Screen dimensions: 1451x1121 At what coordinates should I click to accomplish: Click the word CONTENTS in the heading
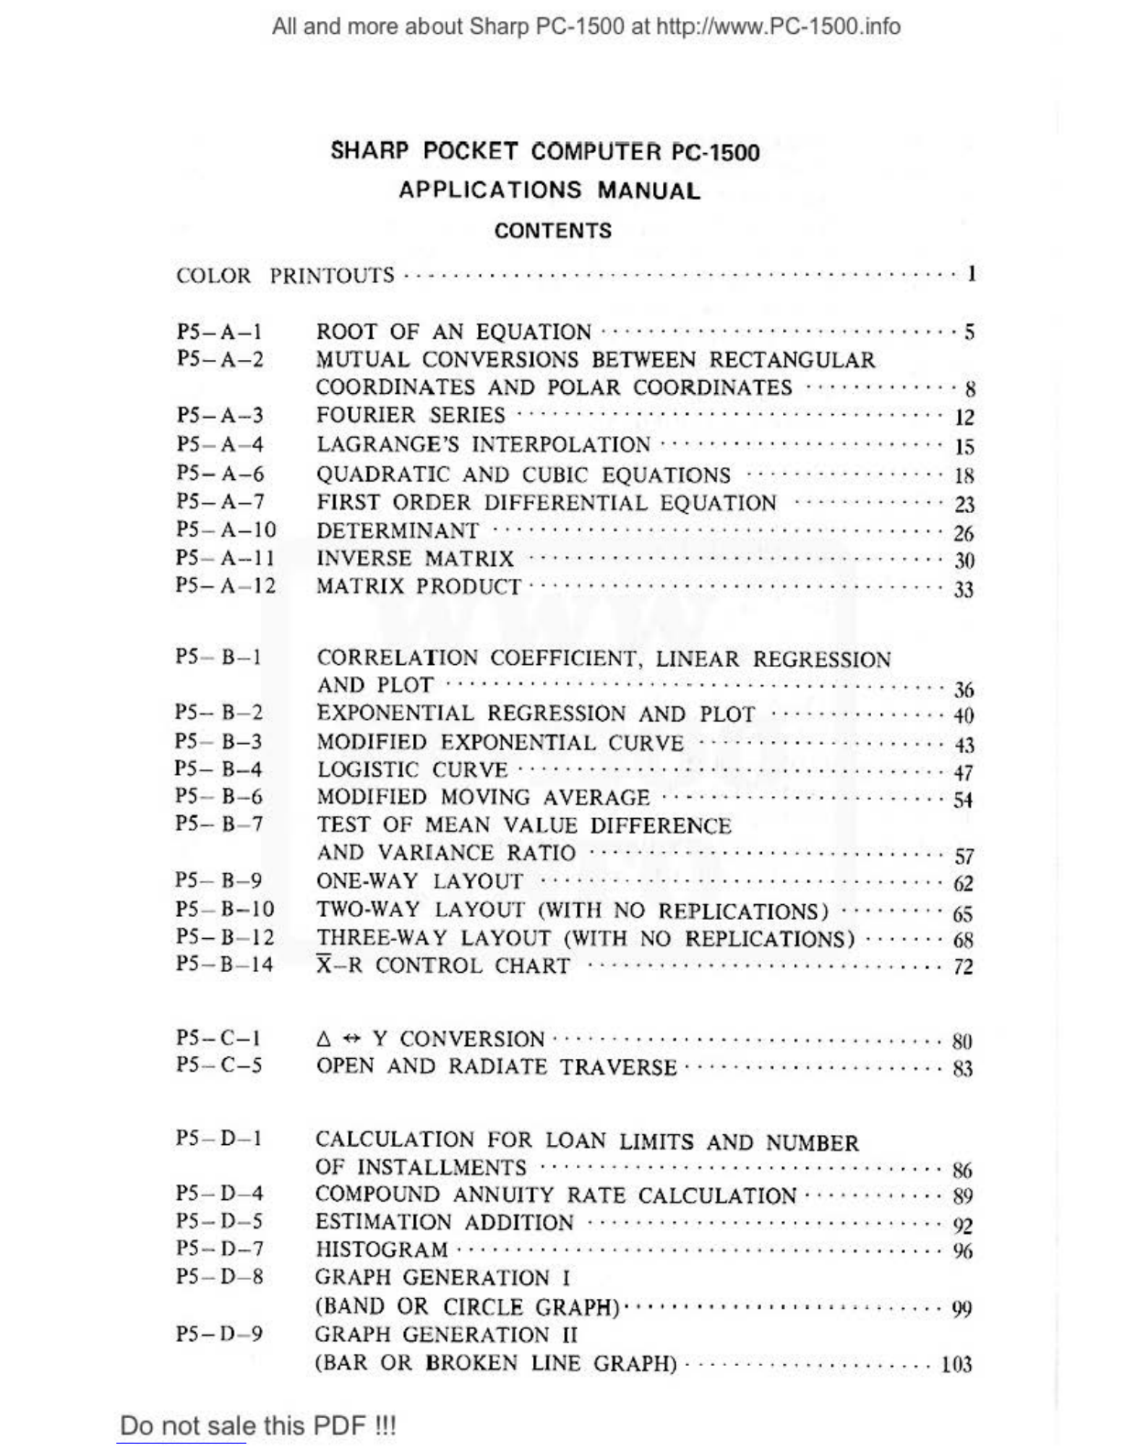pyautogui.click(x=552, y=231)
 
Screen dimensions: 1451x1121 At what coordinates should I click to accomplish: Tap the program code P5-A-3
pyautogui.click(x=220, y=416)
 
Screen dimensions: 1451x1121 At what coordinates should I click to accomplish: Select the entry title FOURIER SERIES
pyautogui.click(x=410, y=416)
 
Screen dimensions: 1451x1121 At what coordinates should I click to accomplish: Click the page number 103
pyautogui.click(x=956, y=1365)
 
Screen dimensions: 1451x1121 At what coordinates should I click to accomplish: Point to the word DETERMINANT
pyautogui.click(x=397, y=531)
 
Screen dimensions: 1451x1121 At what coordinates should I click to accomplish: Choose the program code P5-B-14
pyautogui.click(x=224, y=965)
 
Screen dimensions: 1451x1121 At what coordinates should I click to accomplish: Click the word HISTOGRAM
pyautogui.click(x=382, y=1250)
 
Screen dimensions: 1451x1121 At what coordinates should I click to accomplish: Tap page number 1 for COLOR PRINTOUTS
pyautogui.click(x=971, y=274)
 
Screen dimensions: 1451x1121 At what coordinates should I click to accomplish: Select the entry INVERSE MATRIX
pyautogui.click(x=415, y=559)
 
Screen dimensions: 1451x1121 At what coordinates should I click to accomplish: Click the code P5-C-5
pyautogui.click(x=219, y=1066)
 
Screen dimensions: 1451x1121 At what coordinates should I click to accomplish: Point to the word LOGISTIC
pyautogui.click(x=367, y=770)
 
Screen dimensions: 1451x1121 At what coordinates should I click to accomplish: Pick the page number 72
pyautogui.click(x=963, y=967)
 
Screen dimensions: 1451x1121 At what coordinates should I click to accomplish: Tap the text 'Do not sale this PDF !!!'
pyautogui.click(x=258, y=1425)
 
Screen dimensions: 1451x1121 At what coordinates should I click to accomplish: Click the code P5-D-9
pyautogui.click(x=219, y=1335)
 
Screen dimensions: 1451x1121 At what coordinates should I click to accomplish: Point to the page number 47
pyautogui.click(x=963, y=773)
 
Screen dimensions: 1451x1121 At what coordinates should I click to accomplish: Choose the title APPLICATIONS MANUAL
pyautogui.click(x=550, y=191)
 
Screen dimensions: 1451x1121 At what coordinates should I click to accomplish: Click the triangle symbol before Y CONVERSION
pyautogui.click(x=322, y=1040)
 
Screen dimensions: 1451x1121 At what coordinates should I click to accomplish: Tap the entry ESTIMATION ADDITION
pyautogui.click(x=444, y=1223)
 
